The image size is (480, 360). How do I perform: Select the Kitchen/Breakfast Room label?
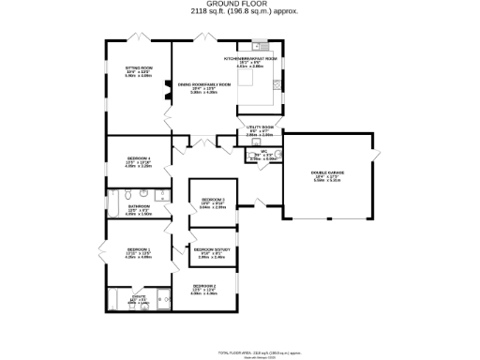point(250,59)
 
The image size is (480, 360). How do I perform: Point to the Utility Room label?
point(260,127)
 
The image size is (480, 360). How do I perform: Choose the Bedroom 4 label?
point(139,159)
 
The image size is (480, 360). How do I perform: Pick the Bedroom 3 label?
point(214,200)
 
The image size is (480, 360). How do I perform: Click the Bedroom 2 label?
point(204,285)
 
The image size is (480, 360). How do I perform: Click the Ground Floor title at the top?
point(239,4)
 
